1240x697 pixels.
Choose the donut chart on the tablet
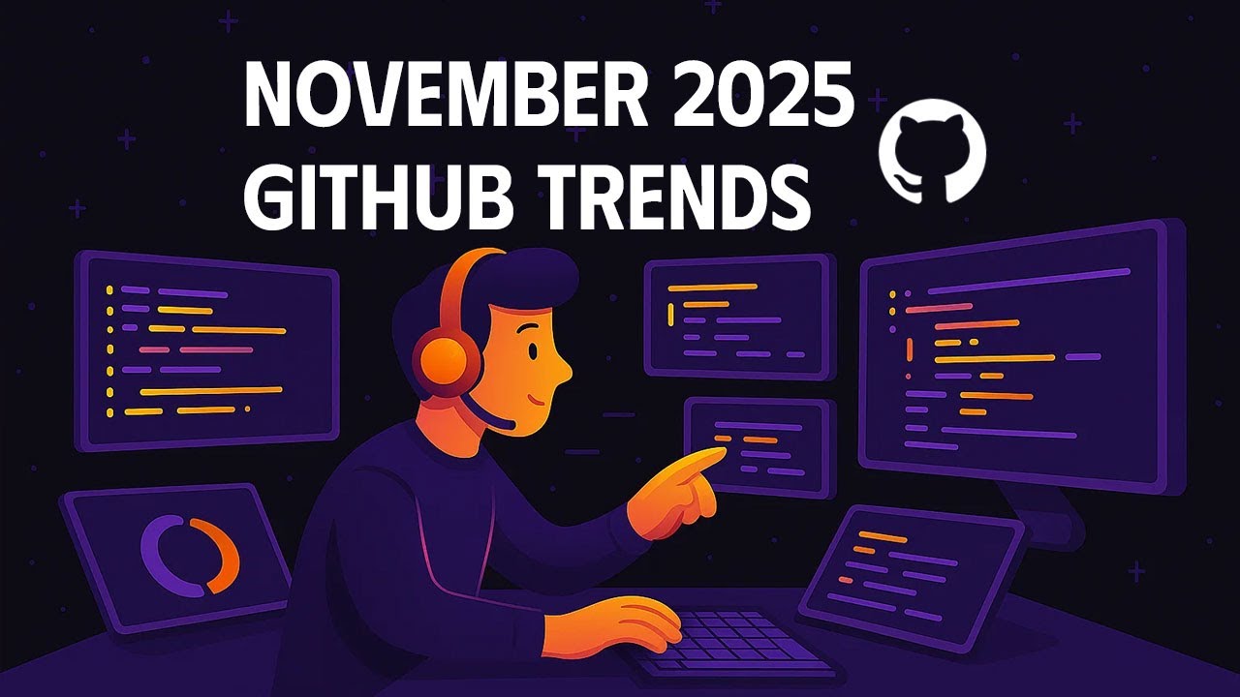[x=190, y=555]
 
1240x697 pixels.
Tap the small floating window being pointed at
[x=760, y=447]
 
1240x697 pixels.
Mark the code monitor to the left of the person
[x=206, y=350]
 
